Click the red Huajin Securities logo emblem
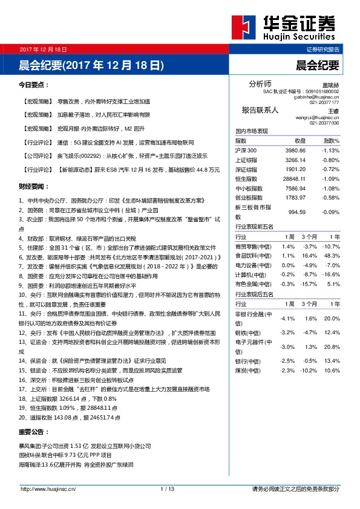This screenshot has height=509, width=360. point(245,28)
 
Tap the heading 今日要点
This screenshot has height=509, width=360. point(34,85)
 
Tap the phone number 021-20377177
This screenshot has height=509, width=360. point(324,102)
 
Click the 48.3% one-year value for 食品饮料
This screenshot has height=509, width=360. point(331,256)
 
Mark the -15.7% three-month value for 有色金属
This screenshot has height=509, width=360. point(310,283)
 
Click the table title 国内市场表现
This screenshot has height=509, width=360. point(251,131)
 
